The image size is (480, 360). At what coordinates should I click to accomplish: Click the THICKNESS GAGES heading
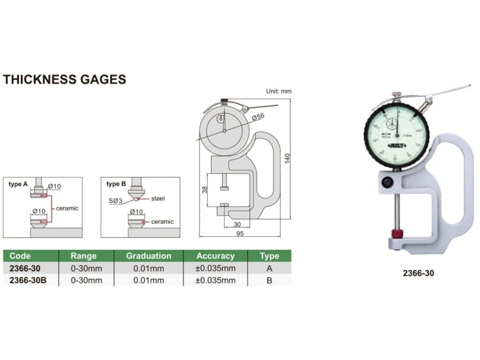pos(65,79)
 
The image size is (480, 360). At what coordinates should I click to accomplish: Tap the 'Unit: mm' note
pos(278,91)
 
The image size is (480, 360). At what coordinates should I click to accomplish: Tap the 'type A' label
pos(18,184)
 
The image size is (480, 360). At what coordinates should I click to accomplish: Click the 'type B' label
pos(116,184)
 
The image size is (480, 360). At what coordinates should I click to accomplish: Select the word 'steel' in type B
pos(159,199)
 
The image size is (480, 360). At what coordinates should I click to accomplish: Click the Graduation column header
pos(149,256)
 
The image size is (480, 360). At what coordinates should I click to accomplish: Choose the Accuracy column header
pos(215,256)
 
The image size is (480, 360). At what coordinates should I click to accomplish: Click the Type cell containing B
pos(269,280)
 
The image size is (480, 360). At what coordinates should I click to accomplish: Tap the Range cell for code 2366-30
pos(86,268)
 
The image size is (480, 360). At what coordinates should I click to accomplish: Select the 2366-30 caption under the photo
pos(418,273)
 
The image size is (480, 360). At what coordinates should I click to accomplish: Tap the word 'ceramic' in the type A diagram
pos(67,208)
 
